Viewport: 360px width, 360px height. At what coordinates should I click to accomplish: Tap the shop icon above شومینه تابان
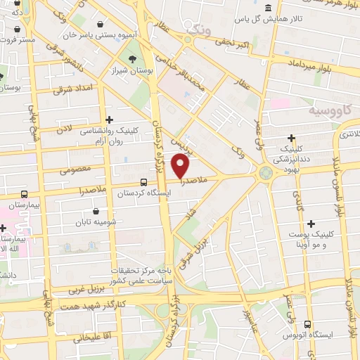96,210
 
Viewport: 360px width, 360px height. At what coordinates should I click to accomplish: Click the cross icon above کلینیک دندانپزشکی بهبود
292,138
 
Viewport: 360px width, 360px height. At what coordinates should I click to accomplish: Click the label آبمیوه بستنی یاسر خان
67,34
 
